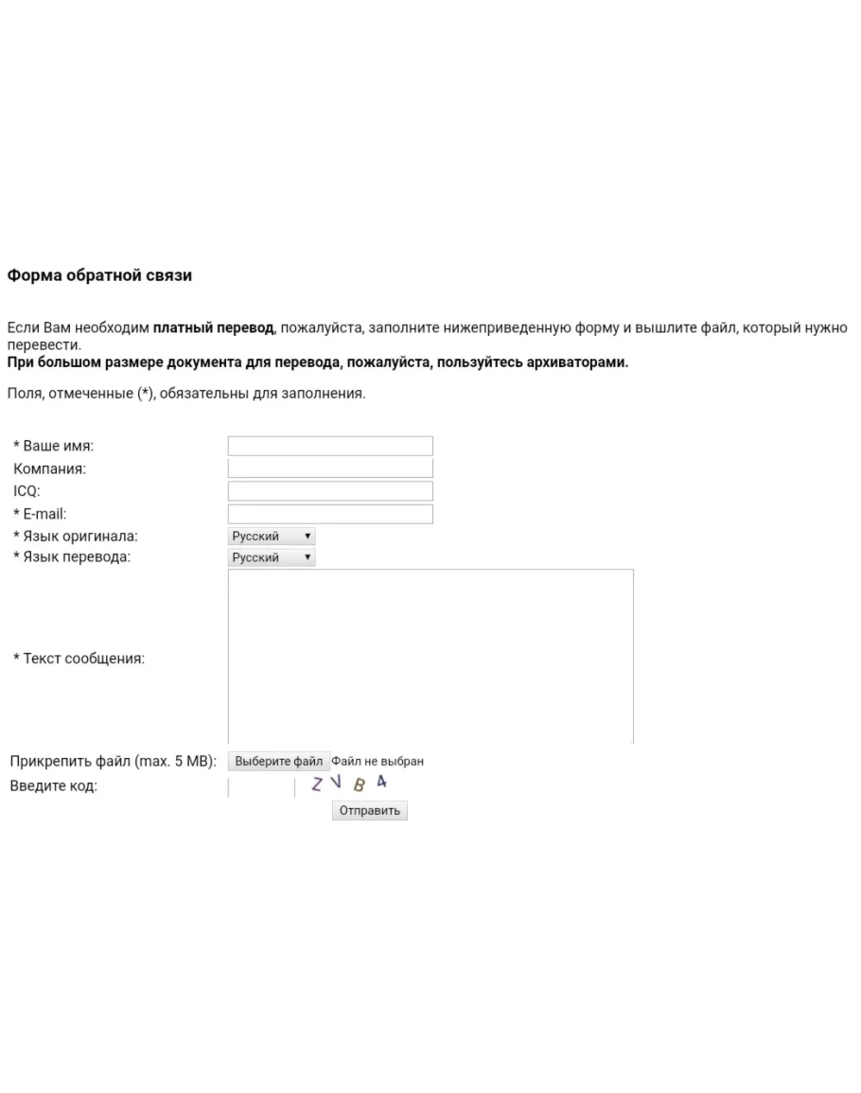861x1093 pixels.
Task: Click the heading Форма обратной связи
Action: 99,276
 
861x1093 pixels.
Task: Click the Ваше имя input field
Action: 330,446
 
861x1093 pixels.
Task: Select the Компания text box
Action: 330,468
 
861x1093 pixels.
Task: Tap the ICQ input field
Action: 330,491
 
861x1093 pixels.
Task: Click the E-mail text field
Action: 330,514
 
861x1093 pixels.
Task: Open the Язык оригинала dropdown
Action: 272,537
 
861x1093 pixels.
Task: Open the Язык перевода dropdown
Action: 272,557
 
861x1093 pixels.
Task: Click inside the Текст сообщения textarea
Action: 430,656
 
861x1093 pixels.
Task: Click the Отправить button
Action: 370,811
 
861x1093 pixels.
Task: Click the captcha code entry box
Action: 261,787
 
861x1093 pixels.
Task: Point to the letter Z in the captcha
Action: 318,784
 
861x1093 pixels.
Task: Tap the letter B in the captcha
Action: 359,784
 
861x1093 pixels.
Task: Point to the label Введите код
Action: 53,786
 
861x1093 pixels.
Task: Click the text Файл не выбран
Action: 378,761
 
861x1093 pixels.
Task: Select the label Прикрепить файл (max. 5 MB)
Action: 114,761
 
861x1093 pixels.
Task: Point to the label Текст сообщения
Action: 79,659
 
